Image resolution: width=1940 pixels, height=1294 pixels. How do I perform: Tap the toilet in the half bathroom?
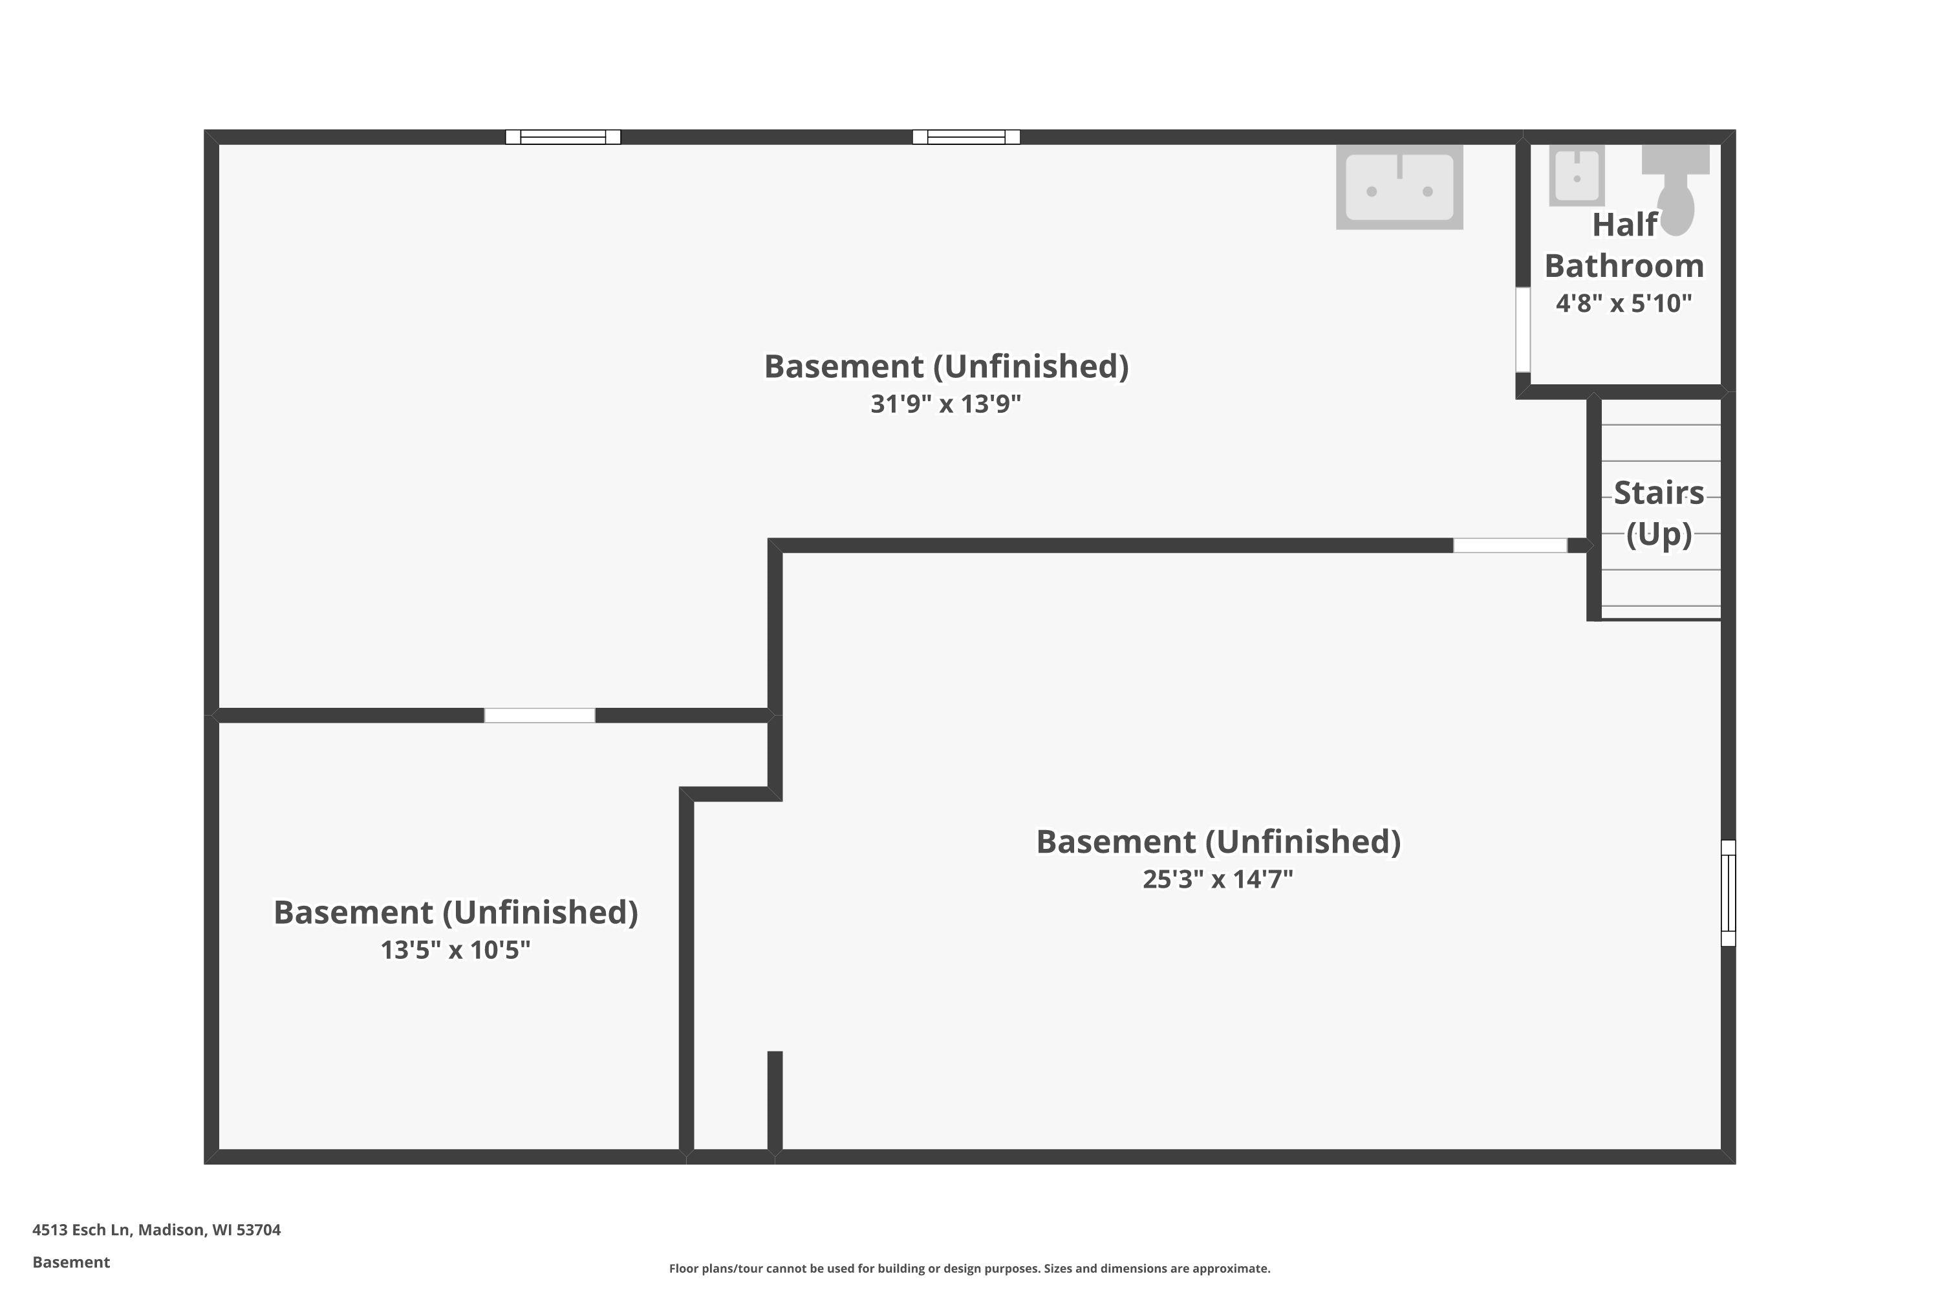click(x=1676, y=188)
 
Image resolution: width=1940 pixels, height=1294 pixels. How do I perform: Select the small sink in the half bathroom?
click(x=1577, y=175)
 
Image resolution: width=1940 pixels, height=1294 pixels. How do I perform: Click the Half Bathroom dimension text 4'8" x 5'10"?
click(x=1623, y=303)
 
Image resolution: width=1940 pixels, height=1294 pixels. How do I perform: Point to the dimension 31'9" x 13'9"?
click(x=946, y=404)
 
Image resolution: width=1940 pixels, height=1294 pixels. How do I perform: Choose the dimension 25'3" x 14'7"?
click(x=1218, y=879)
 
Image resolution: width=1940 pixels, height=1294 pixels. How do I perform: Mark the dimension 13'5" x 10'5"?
click(x=455, y=950)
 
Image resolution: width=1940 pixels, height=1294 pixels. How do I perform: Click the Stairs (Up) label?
click(x=1659, y=513)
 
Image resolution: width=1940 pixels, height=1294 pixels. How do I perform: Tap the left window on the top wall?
click(x=563, y=137)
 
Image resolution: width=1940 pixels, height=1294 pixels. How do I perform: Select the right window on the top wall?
click(x=966, y=137)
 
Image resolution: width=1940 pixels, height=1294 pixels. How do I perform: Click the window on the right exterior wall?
click(x=1728, y=893)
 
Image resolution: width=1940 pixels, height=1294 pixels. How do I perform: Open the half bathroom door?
click(x=1523, y=329)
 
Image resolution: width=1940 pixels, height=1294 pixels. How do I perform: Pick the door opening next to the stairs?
click(x=1509, y=545)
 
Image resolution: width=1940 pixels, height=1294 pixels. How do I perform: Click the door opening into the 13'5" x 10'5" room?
click(x=539, y=716)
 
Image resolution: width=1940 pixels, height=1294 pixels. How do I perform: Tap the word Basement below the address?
click(x=71, y=1262)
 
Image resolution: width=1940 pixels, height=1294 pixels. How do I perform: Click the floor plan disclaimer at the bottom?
click(x=969, y=1268)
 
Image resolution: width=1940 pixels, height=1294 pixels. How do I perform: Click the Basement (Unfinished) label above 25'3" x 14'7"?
click(x=1218, y=842)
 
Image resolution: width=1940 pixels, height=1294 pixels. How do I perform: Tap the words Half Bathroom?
click(x=1623, y=245)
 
